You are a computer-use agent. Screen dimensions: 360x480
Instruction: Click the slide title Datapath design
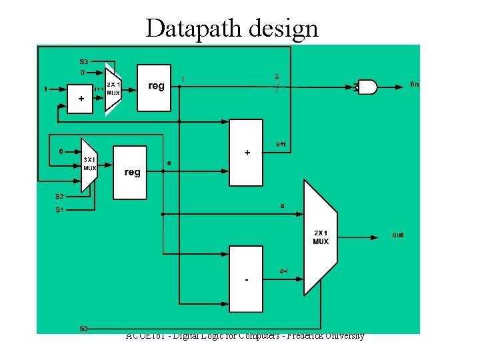232,28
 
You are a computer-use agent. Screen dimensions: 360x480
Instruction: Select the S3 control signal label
84,61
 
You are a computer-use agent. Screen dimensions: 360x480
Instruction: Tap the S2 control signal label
59,197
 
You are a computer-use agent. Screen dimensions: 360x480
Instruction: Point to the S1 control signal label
59,210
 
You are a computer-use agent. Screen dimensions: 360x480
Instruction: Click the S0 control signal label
84,328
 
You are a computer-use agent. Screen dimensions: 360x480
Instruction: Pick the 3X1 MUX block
89,165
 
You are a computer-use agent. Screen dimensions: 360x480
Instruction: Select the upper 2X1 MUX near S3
113,89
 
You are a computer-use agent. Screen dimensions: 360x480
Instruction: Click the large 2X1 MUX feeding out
320,237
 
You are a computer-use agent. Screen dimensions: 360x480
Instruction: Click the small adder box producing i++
81,98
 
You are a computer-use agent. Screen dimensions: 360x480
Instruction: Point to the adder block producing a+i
247,152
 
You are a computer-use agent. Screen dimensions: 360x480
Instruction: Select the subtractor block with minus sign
247,279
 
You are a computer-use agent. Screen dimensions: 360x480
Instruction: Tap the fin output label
414,84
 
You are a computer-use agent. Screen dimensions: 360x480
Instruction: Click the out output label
398,235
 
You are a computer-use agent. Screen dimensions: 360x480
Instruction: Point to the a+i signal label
282,143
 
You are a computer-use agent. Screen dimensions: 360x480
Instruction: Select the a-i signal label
283,271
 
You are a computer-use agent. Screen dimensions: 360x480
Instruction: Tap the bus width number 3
276,76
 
